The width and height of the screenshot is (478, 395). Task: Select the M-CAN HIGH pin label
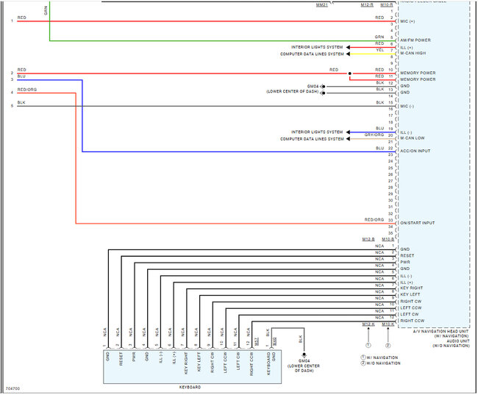click(413, 54)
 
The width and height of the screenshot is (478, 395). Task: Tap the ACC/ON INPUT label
click(414, 151)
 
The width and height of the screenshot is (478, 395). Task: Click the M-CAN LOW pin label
click(412, 138)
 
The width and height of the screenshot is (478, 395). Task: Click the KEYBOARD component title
click(190, 387)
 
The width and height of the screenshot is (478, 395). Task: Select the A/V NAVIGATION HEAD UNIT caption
click(440, 332)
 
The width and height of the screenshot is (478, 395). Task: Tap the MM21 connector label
click(321, 5)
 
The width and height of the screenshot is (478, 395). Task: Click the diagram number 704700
click(13, 388)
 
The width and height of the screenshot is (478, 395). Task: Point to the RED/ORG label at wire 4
click(27, 90)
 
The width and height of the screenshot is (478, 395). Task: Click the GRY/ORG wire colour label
click(374, 135)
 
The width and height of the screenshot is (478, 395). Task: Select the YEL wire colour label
click(379, 50)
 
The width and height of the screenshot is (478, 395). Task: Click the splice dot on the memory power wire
click(350, 74)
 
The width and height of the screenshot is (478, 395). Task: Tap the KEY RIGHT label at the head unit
click(410, 288)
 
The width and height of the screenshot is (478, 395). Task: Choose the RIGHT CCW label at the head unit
click(412, 321)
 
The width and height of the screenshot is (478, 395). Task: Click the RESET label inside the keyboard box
click(120, 360)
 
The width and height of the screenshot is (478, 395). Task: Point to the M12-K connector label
click(368, 324)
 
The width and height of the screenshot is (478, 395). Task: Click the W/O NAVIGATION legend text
click(382, 363)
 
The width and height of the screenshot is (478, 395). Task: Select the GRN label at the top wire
click(46, 12)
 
